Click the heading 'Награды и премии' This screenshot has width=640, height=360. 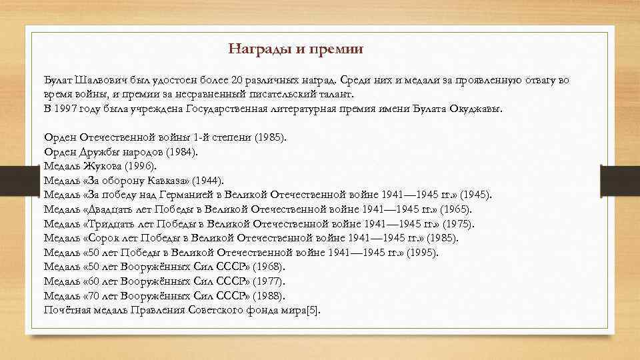[295, 49]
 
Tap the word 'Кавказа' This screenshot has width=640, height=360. [169, 181]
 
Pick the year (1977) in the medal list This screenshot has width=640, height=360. [268, 281]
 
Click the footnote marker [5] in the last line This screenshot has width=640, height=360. [313, 310]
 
